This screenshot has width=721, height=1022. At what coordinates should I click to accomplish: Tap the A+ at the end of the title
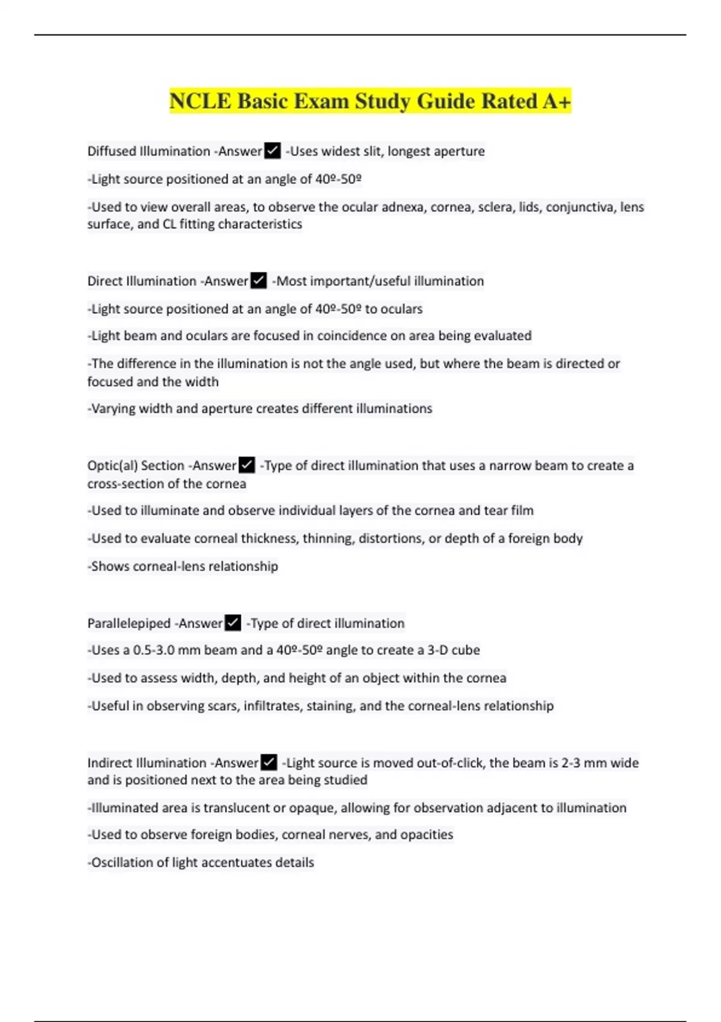coord(556,101)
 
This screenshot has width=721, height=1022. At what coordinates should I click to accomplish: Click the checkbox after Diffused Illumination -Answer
coord(272,150)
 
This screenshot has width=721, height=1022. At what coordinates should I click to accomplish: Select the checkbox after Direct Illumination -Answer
coord(258,280)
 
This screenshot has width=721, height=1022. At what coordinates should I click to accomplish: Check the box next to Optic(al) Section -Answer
coord(247,465)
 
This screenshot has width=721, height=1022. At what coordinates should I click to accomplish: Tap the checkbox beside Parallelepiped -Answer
coord(233,623)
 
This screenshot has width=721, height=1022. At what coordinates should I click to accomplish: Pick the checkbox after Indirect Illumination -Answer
coord(269,762)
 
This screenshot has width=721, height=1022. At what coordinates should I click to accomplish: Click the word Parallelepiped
coord(129,623)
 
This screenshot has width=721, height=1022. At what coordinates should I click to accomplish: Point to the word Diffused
coord(111,151)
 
